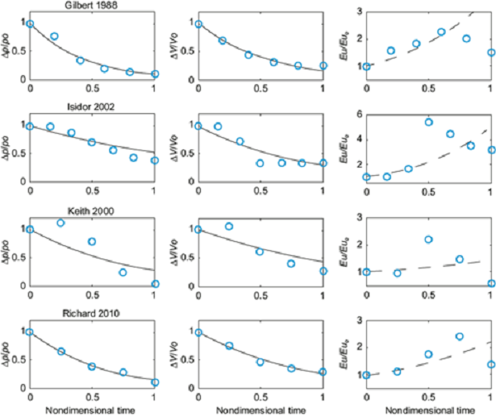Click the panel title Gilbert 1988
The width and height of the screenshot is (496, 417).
point(92,5)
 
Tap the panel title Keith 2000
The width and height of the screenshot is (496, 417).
point(92,211)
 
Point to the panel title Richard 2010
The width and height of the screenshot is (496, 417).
point(92,314)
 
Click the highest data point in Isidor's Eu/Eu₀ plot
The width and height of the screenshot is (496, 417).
point(429,122)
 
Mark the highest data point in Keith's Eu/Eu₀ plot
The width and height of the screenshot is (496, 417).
point(429,239)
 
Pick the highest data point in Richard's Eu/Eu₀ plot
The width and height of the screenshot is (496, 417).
point(460,337)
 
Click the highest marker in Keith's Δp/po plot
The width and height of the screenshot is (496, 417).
point(60,223)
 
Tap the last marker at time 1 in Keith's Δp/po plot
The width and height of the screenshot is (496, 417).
point(155,284)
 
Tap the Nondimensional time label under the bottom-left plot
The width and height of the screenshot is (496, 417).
point(92,410)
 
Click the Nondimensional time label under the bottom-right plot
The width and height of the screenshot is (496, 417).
point(429,410)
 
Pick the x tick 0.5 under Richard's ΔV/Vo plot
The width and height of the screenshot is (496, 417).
point(260,395)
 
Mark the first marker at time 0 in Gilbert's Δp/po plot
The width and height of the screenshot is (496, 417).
point(31,24)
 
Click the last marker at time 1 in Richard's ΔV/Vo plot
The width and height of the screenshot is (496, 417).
point(322,372)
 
